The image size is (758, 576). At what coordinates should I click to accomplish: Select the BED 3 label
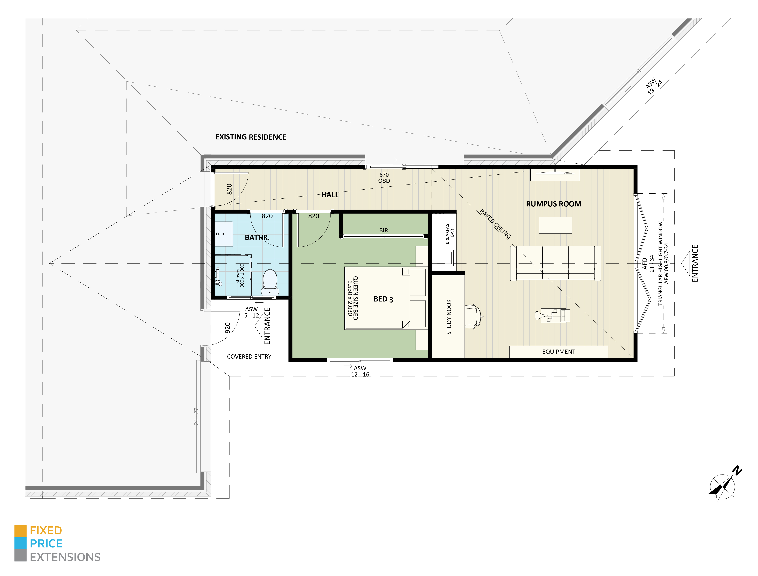coord(383,299)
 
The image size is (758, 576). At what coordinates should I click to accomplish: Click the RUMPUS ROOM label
coord(554,204)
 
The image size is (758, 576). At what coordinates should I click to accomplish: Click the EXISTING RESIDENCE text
coord(251,137)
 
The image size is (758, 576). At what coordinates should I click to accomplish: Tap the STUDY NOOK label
coord(449,317)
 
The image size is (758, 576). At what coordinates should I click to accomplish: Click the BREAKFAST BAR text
coord(449,233)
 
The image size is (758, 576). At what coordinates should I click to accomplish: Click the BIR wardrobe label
coord(383,230)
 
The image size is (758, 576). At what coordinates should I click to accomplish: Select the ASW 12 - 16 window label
coord(360,371)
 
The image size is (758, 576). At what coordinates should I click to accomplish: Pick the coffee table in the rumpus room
coord(555,226)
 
